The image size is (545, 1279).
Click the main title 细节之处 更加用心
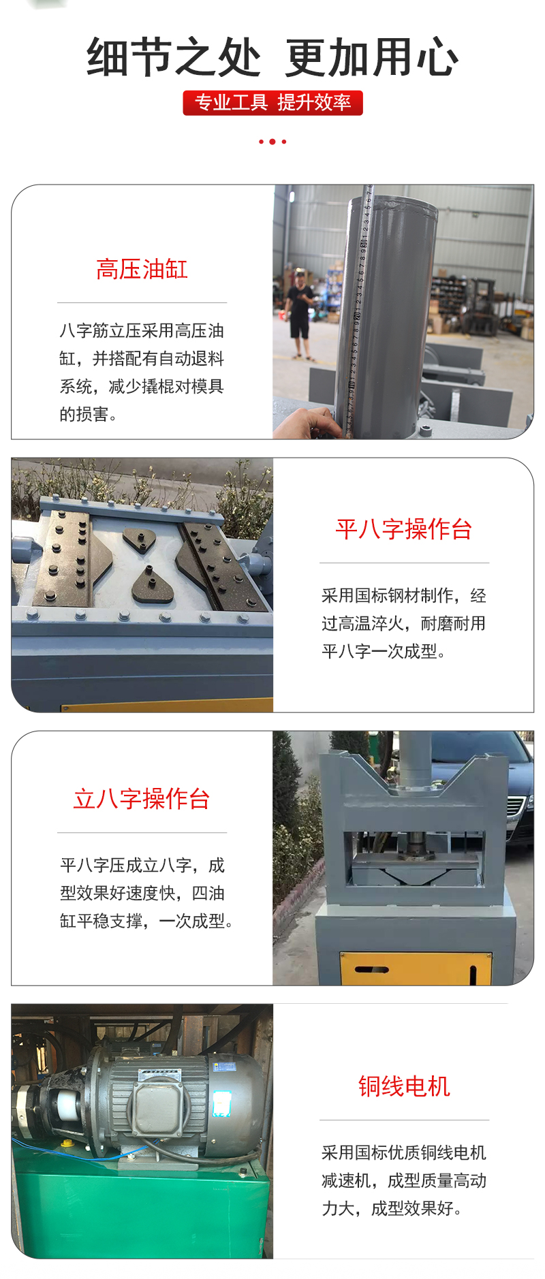click(272, 57)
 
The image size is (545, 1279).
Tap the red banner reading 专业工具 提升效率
click(272, 103)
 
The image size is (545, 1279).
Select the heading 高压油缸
click(142, 269)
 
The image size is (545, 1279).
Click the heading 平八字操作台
click(404, 529)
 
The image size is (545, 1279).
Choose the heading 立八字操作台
click(142, 799)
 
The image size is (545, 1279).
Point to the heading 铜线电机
click(404, 1086)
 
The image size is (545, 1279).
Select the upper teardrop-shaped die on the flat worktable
click(140, 539)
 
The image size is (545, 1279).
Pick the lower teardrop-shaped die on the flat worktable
click(153, 586)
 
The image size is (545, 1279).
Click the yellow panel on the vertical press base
click(416, 968)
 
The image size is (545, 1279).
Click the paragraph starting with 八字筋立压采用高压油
click(142, 373)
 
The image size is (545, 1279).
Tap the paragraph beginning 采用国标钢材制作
click(404, 623)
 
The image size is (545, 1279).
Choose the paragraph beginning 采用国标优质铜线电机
click(404, 1180)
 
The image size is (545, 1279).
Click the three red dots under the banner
click(272, 142)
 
